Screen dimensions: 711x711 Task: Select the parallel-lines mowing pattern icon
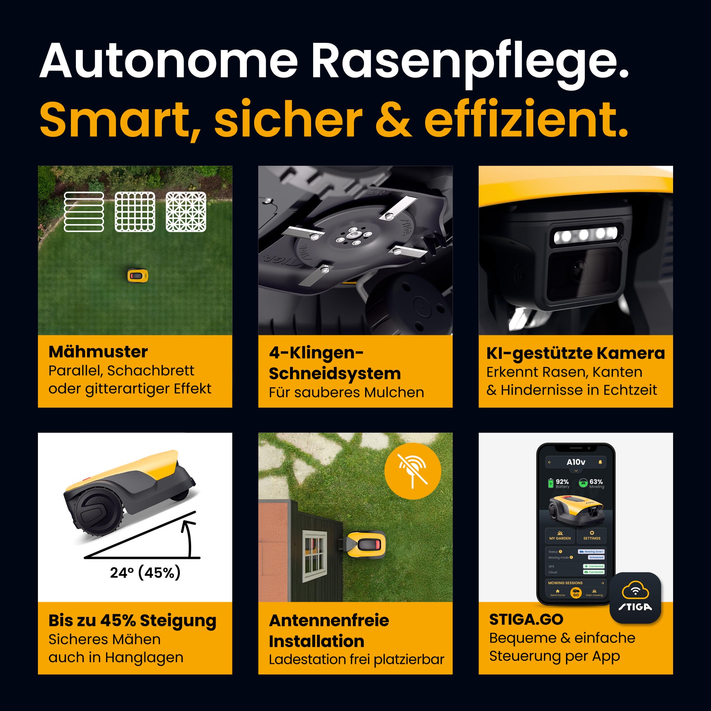pyautogui.click(x=84, y=212)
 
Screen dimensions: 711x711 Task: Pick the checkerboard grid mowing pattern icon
pyautogui.click(x=135, y=212)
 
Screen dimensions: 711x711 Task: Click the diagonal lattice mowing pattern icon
pyautogui.click(x=186, y=212)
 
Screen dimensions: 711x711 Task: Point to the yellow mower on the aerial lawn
pyautogui.click(x=138, y=276)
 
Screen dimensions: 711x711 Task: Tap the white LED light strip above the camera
pyautogui.click(x=585, y=234)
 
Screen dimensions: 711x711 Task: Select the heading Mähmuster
pyautogui.click(x=98, y=352)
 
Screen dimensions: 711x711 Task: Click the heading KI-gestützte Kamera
pyautogui.click(x=575, y=353)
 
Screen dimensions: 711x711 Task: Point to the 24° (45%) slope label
pyautogui.click(x=145, y=573)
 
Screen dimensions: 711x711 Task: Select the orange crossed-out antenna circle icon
pyautogui.click(x=413, y=471)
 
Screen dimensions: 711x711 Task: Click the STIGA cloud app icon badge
pyautogui.click(x=635, y=597)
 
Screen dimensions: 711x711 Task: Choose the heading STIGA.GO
pyautogui.click(x=526, y=619)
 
